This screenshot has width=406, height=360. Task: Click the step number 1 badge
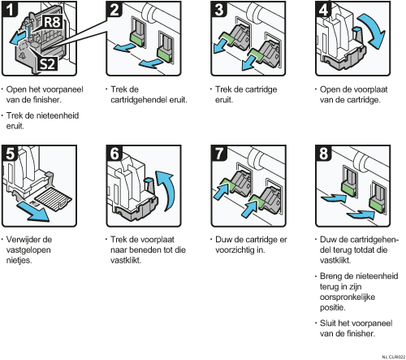tap(10, 9)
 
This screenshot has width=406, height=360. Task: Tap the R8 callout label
tap(52, 22)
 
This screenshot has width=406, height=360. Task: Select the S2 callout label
tap(47, 64)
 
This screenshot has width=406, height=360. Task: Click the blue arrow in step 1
tap(19, 37)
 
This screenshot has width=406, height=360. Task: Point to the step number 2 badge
tap(114, 9)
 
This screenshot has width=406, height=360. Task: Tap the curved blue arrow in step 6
tap(168, 189)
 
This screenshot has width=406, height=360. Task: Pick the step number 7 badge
tap(219, 153)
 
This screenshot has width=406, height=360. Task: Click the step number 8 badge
tap(324, 153)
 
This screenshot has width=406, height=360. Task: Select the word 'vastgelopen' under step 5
tap(28, 249)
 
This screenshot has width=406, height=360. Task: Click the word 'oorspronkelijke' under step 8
tap(348, 297)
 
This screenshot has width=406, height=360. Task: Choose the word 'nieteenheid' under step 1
tap(58, 115)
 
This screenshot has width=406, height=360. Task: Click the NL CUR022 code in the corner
tap(394, 357)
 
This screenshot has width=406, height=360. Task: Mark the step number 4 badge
tap(324, 9)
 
